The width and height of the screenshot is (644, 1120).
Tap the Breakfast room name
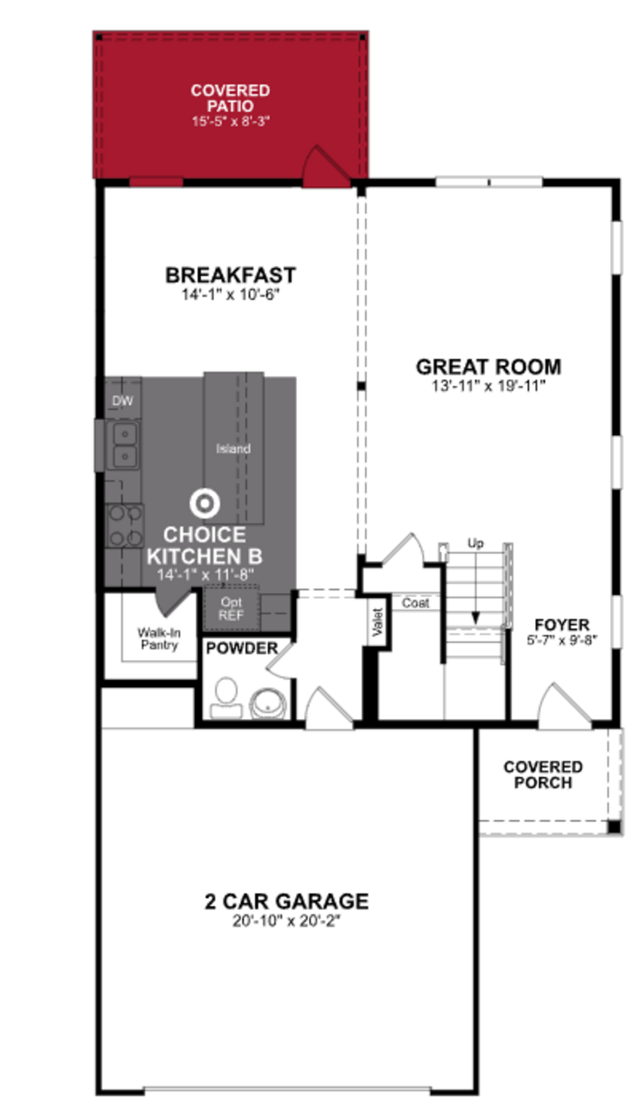(x=230, y=275)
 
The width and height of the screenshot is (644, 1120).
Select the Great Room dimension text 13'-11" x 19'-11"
(x=488, y=386)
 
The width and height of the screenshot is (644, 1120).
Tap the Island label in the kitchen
(x=233, y=449)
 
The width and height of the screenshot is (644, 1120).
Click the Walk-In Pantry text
(x=159, y=639)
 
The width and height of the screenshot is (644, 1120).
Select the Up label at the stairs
(x=475, y=543)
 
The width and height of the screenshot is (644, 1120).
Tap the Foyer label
(x=562, y=625)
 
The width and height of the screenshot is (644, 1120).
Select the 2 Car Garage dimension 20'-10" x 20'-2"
(x=287, y=922)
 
